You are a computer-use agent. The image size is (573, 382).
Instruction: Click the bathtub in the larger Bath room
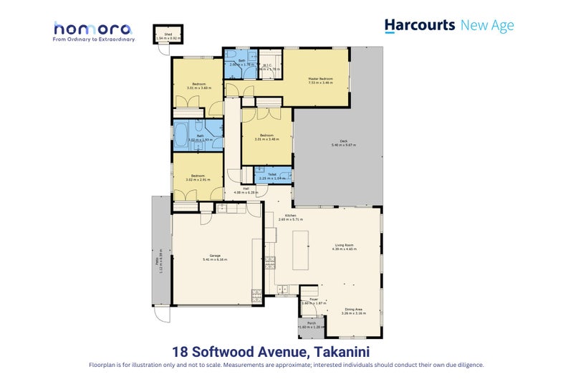(x=183, y=135)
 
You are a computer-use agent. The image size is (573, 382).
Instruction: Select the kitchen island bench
(x=300, y=250)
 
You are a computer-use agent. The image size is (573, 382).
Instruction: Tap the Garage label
(x=214, y=255)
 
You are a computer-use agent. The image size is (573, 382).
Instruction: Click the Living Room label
(x=345, y=246)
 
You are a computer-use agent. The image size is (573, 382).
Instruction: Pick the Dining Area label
(x=354, y=310)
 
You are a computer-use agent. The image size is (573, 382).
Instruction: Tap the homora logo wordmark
(x=92, y=29)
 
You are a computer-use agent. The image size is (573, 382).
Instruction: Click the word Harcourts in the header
(x=419, y=25)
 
